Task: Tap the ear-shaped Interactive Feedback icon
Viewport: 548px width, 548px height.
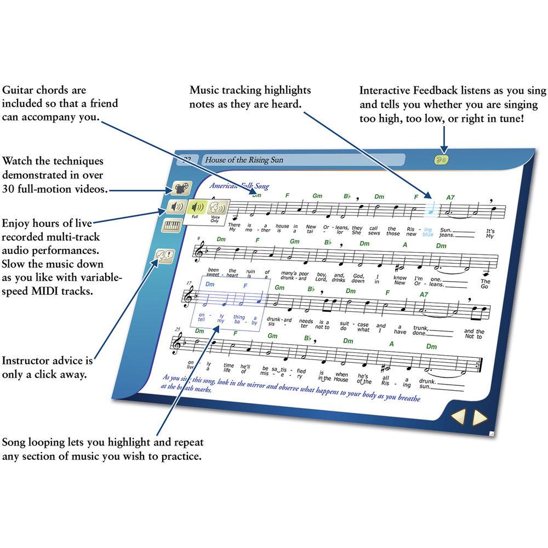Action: pos(441,159)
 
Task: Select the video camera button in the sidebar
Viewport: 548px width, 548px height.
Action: pos(179,189)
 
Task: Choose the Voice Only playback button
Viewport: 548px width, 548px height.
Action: pos(217,209)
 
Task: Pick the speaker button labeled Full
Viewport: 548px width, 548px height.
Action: pos(196,209)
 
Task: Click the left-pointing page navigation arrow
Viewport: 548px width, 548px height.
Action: pos(458,417)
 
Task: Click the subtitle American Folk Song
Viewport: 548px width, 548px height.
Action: pos(240,186)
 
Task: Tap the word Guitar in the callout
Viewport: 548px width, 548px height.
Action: pos(17,90)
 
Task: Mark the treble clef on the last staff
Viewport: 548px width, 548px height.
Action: pos(178,344)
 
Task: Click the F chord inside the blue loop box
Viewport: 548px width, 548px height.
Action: pos(246,286)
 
